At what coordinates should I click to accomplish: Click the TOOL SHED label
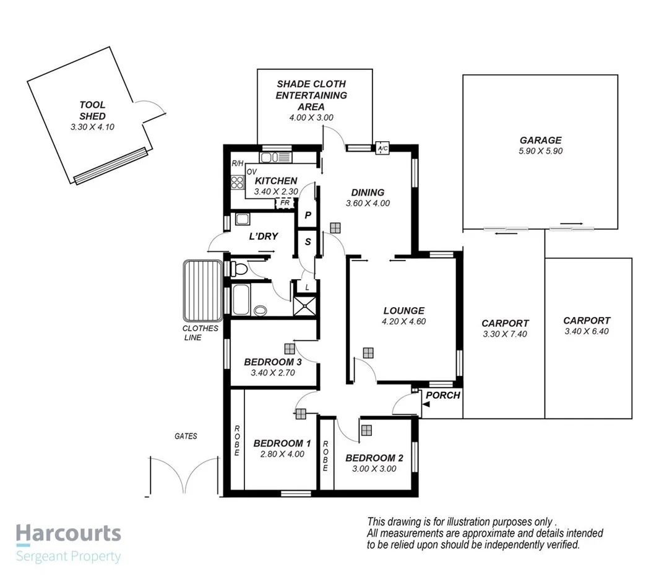(x=92, y=110)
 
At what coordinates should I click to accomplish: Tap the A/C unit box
(x=381, y=149)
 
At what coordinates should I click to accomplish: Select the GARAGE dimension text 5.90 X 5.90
(x=540, y=151)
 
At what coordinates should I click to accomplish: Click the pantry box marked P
(x=307, y=215)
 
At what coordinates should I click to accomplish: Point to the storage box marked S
(x=307, y=242)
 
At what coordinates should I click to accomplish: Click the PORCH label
(x=443, y=394)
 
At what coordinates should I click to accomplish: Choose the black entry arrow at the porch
(x=426, y=404)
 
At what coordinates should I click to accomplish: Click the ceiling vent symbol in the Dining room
(x=335, y=227)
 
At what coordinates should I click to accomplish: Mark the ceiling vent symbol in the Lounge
(x=368, y=352)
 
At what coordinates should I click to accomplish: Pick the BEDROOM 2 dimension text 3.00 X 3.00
(x=374, y=469)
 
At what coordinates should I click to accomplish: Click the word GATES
(x=186, y=436)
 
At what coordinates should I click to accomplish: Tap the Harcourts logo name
(x=68, y=533)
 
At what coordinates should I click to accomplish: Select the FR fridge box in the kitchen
(x=285, y=203)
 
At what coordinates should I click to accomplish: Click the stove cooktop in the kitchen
(x=237, y=182)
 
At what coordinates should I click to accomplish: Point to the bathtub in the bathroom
(x=240, y=300)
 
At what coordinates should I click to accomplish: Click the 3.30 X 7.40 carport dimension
(x=505, y=334)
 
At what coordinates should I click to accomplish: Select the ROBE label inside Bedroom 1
(x=236, y=441)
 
